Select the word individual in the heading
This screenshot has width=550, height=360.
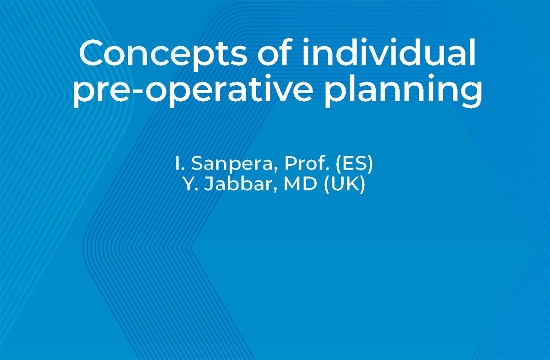pos(388,54)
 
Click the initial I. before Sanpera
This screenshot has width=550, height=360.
pos(178,164)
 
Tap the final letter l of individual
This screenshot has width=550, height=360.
pos(471,54)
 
